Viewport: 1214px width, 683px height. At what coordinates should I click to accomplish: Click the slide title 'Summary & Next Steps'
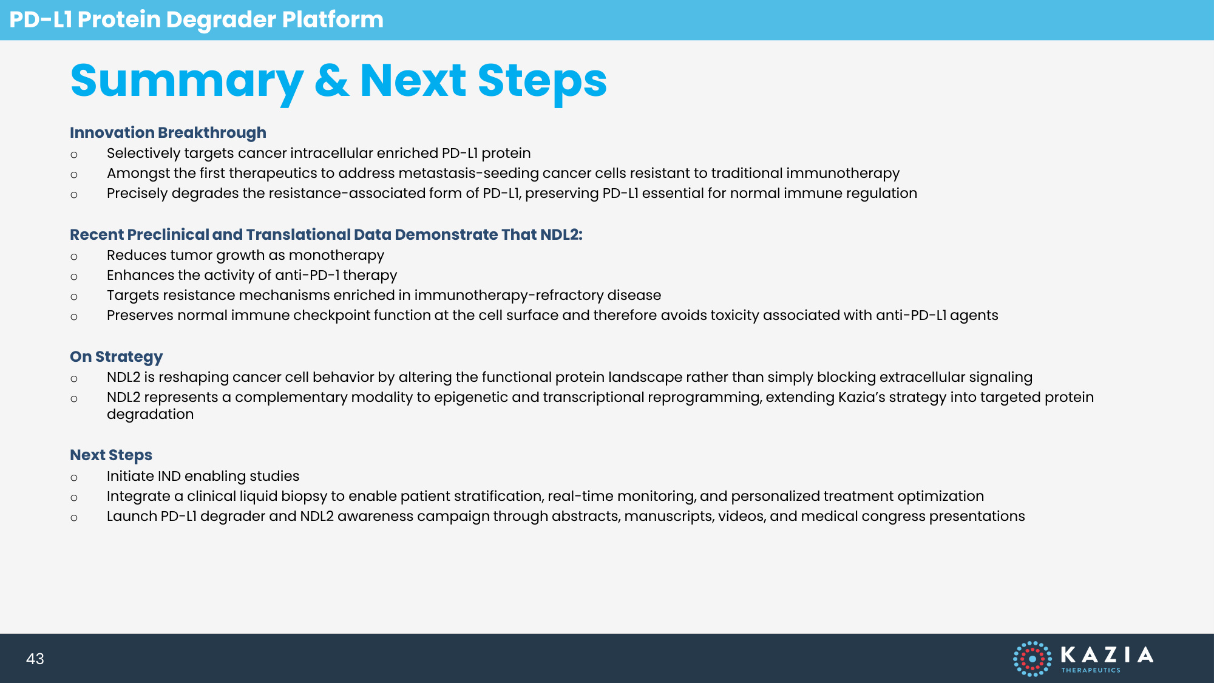point(339,81)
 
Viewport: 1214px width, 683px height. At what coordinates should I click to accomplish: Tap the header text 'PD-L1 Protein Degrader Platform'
point(196,19)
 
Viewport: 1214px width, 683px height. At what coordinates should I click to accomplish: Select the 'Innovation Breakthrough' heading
point(168,133)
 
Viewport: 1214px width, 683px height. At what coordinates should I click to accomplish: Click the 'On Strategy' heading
point(117,357)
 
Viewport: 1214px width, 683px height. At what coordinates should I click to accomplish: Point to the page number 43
point(35,659)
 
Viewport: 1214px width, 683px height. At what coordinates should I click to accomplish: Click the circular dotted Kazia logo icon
point(1032,659)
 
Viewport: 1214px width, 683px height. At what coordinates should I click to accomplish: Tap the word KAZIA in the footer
point(1107,654)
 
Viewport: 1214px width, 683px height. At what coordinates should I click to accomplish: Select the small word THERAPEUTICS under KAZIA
point(1091,670)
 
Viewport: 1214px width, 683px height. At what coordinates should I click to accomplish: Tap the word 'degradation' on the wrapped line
point(151,415)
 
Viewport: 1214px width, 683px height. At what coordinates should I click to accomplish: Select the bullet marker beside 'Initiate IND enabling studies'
point(74,478)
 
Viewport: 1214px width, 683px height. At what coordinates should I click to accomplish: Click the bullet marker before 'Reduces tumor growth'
point(74,257)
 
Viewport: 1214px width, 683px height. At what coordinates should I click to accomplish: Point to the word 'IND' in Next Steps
point(169,477)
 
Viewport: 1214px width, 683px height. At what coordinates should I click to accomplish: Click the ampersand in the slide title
point(332,81)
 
